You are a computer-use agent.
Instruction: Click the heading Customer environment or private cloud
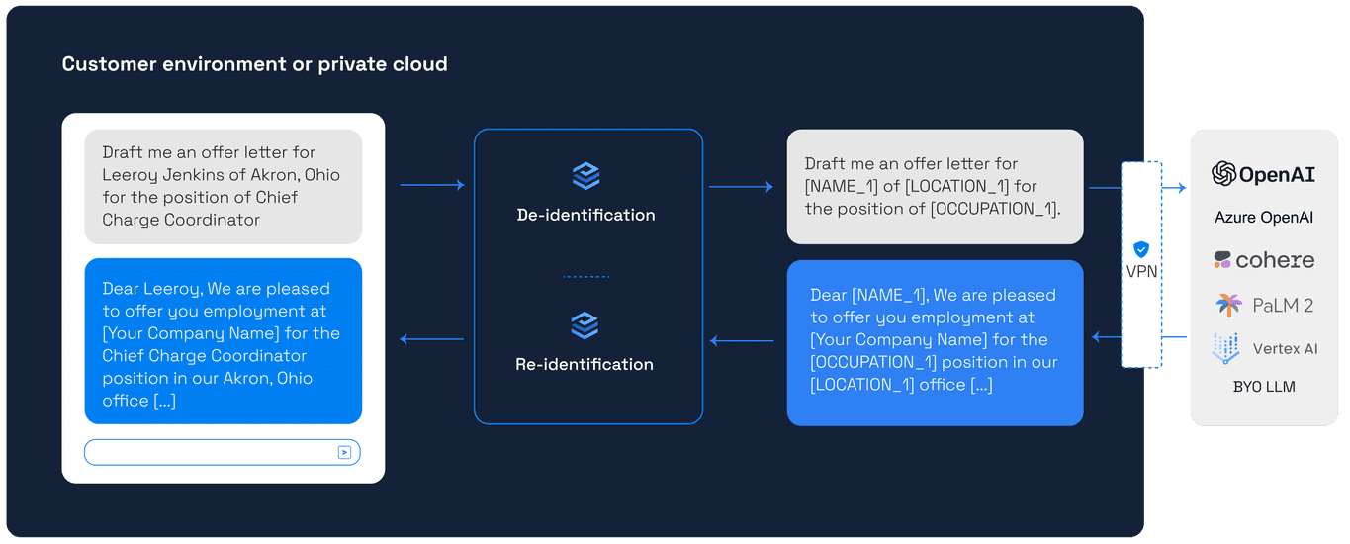(x=254, y=64)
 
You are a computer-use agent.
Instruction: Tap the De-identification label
(x=585, y=215)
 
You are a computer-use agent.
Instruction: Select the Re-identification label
(x=585, y=364)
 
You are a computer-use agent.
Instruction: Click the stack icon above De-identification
(x=585, y=177)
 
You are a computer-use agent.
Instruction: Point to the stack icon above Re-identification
(x=585, y=325)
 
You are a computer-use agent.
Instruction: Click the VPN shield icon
(x=1140, y=249)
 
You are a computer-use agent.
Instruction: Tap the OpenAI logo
(x=1263, y=173)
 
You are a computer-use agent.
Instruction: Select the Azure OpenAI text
(x=1263, y=217)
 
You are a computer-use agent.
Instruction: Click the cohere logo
(x=1263, y=260)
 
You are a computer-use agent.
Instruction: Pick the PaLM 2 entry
(x=1263, y=305)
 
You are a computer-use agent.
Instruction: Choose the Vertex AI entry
(x=1263, y=348)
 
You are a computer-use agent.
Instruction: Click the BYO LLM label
(x=1263, y=387)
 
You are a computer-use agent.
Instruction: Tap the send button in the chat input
(x=344, y=452)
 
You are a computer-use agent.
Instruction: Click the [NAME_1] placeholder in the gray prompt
(x=842, y=186)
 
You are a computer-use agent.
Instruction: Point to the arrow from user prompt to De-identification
(x=431, y=185)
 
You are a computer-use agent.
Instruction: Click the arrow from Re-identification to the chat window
(x=431, y=340)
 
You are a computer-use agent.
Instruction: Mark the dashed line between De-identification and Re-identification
(x=585, y=277)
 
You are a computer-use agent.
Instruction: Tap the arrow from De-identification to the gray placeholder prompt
(x=741, y=186)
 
